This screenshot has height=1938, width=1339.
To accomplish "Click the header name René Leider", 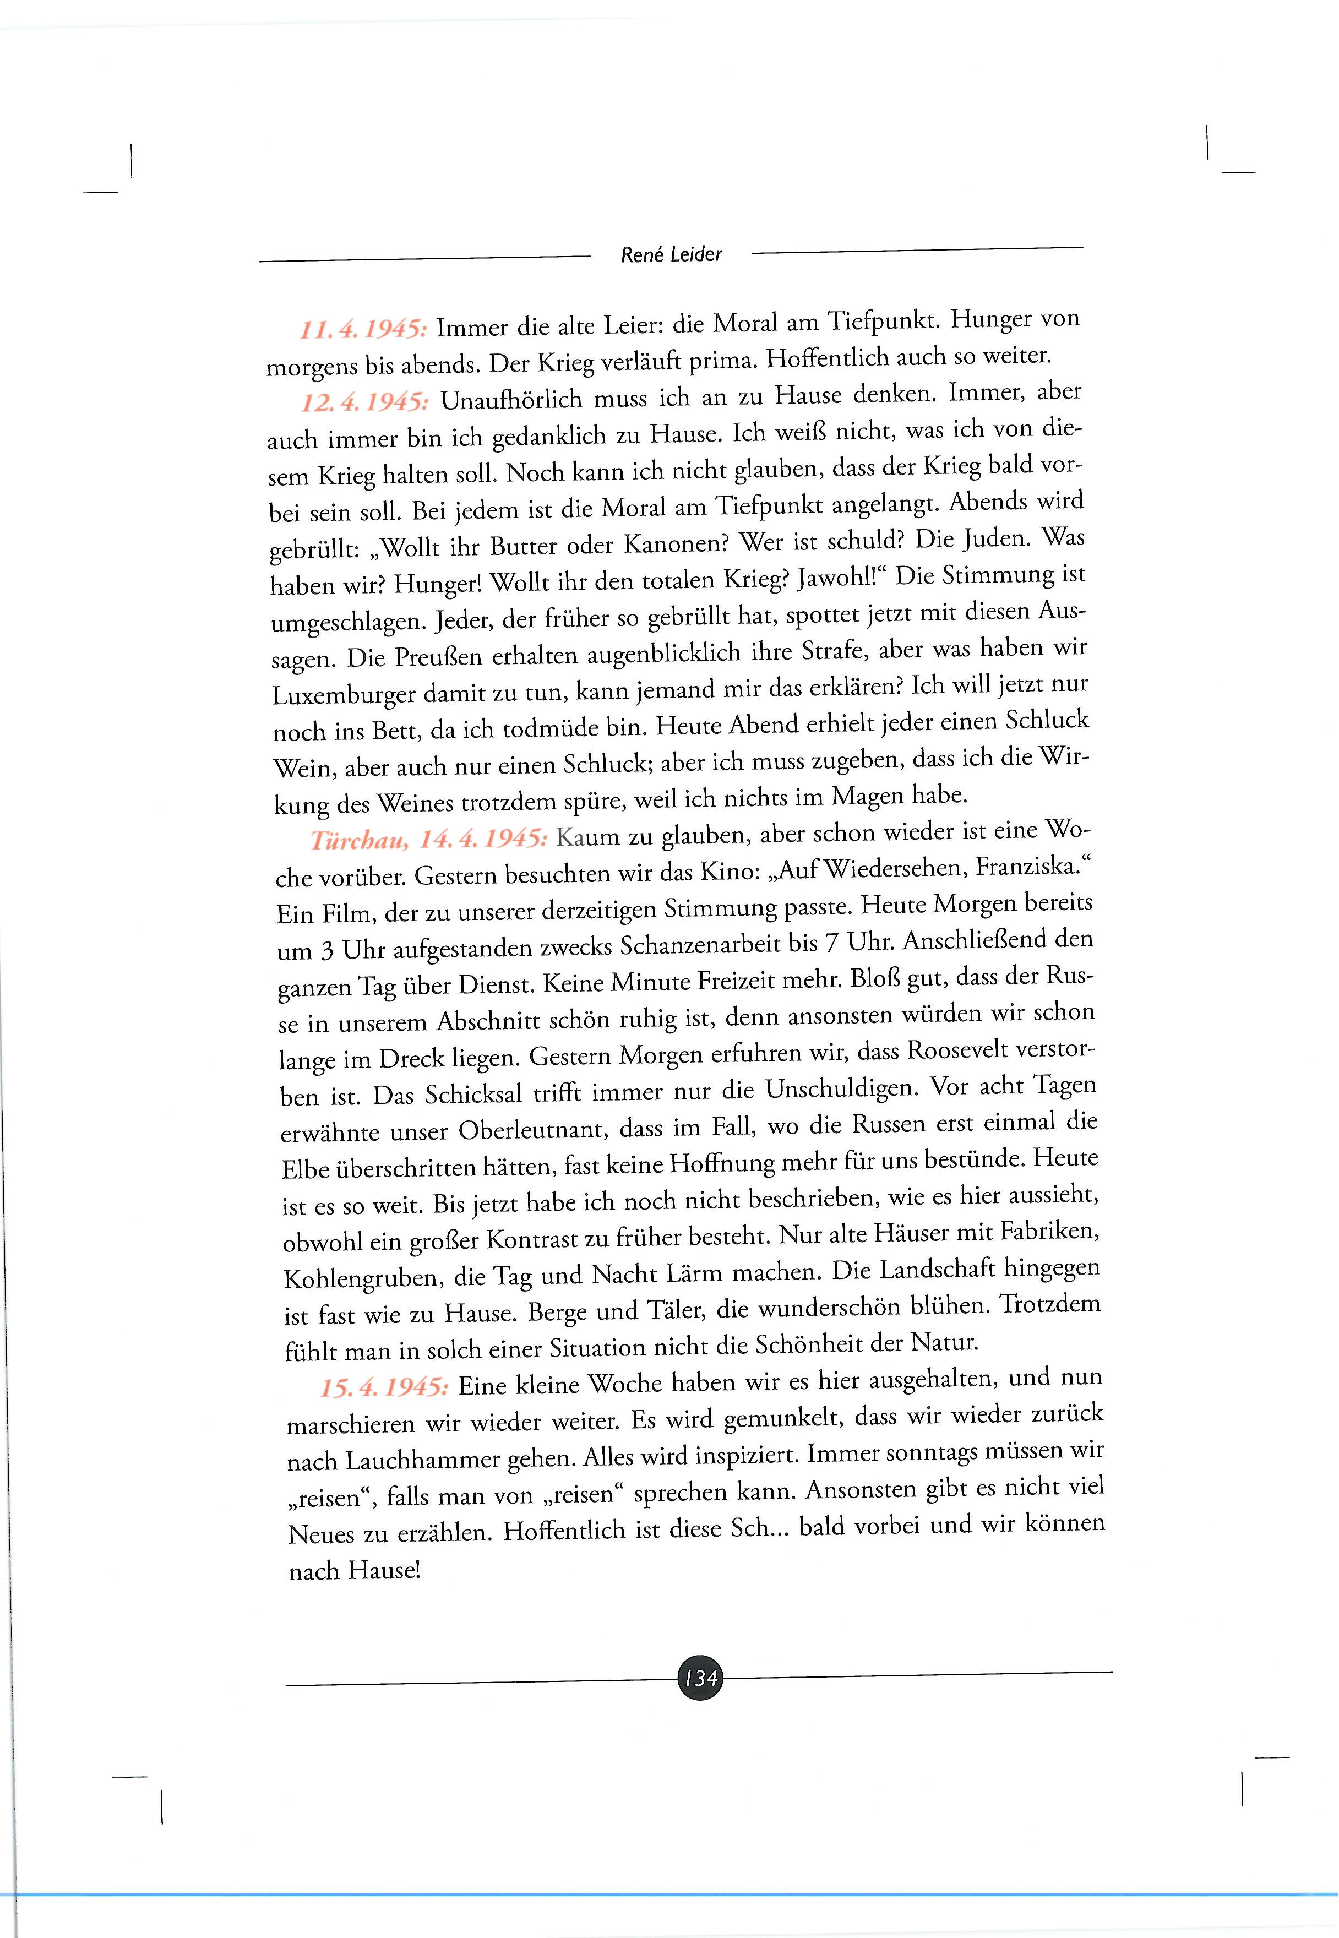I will click(x=671, y=254).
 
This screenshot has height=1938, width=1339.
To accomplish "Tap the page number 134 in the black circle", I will click(x=700, y=1678).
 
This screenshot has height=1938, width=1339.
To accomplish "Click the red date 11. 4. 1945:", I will click(x=363, y=328).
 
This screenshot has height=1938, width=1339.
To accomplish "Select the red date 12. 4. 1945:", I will click(x=365, y=402).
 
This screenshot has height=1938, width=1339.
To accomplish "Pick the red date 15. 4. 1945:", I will click(x=384, y=1387).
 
